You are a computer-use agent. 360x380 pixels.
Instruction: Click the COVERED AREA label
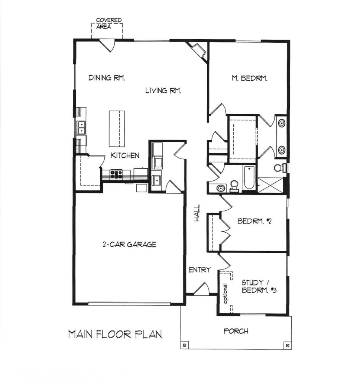click(109, 23)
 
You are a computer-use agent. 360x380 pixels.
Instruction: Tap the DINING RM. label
click(107, 78)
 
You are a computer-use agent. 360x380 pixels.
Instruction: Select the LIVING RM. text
click(163, 91)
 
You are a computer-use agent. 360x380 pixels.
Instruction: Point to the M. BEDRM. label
click(249, 78)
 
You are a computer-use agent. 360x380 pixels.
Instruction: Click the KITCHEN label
click(125, 155)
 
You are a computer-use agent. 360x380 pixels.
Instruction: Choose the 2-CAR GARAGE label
click(129, 244)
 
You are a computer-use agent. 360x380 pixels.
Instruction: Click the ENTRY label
click(200, 270)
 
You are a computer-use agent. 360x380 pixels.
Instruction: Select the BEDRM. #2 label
click(254, 221)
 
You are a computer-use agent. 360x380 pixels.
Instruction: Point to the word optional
click(226, 293)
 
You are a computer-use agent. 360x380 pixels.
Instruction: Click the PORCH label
click(236, 331)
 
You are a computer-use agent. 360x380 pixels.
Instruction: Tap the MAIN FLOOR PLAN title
click(115, 334)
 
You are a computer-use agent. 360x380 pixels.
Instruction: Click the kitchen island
click(117, 129)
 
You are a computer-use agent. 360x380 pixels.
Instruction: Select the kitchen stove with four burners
click(117, 174)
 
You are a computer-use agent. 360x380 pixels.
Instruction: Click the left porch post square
click(184, 345)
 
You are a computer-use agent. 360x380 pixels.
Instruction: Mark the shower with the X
click(270, 185)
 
